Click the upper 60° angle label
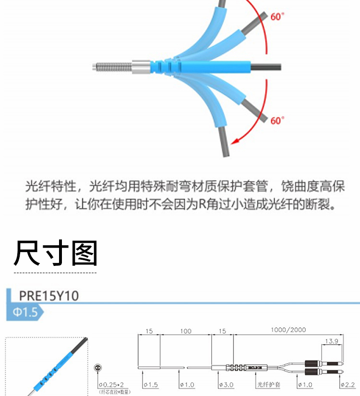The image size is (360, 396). coord(277,16)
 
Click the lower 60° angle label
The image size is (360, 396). coord(277,120)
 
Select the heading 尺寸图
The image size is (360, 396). coord(55,252)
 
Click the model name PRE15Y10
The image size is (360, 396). coord(48,295)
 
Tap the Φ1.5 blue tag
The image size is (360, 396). coord(25,312)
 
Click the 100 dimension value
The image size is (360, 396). coord(185,331)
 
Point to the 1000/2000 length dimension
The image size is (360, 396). coord(288,330)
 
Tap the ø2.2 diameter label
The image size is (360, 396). coord(347,385)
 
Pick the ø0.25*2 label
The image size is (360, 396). coord(111,385)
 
